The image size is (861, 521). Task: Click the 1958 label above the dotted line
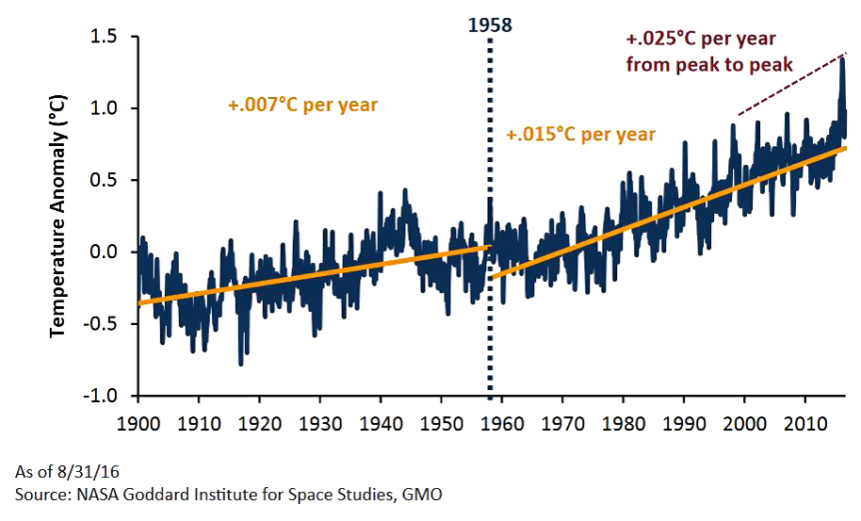[490, 24]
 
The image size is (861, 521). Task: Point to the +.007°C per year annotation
[301, 105]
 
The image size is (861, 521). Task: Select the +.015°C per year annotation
[580, 134]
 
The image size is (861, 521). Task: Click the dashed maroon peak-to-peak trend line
[791, 85]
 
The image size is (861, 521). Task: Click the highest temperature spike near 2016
[841, 59]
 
